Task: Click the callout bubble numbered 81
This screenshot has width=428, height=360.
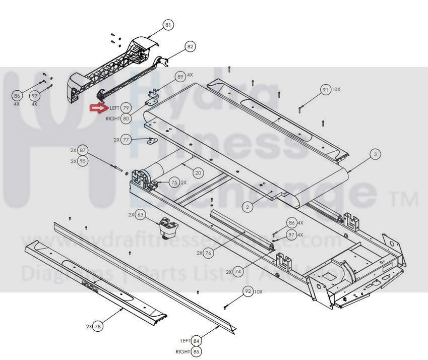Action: pyautogui.click(x=168, y=25)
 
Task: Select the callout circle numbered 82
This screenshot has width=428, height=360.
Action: pyautogui.click(x=190, y=47)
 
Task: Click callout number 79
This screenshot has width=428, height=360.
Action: pyautogui.click(x=126, y=108)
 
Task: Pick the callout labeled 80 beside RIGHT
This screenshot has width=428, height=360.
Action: pyautogui.click(x=126, y=118)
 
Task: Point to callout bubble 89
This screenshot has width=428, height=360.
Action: pyautogui.click(x=180, y=77)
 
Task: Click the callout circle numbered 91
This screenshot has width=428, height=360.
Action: pyautogui.click(x=325, y=90)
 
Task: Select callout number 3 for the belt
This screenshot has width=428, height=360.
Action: pyautogui.click(x=375, y=154)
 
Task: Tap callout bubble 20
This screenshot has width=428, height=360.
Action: pyautogui.click(x=198, y=173)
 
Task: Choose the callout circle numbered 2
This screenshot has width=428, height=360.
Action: pyautogui.click(x=247, y=207)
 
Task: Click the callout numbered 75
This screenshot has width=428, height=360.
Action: pyautogui.click(x=174, y=183)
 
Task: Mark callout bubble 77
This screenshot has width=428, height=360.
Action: pyautogui.click(x=126, y=140)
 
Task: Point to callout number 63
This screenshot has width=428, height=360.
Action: pyautogui.click(x=141, y=215)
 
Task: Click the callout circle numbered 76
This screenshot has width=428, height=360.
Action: pyautogui.click(x=208, y=253)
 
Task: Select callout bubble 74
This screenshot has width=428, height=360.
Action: pyautogui.click(x=237, y=272)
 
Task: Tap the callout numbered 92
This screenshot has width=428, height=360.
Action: pyautogui.click(x=248, y=291)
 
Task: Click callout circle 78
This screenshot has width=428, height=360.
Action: pyautogui.click(x=98, y=326)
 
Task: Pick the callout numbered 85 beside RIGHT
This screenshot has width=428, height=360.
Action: pyautogui.click(x=196, y=351)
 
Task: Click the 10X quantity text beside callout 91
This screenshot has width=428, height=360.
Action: pyautogui.click(x=336, y=89)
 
